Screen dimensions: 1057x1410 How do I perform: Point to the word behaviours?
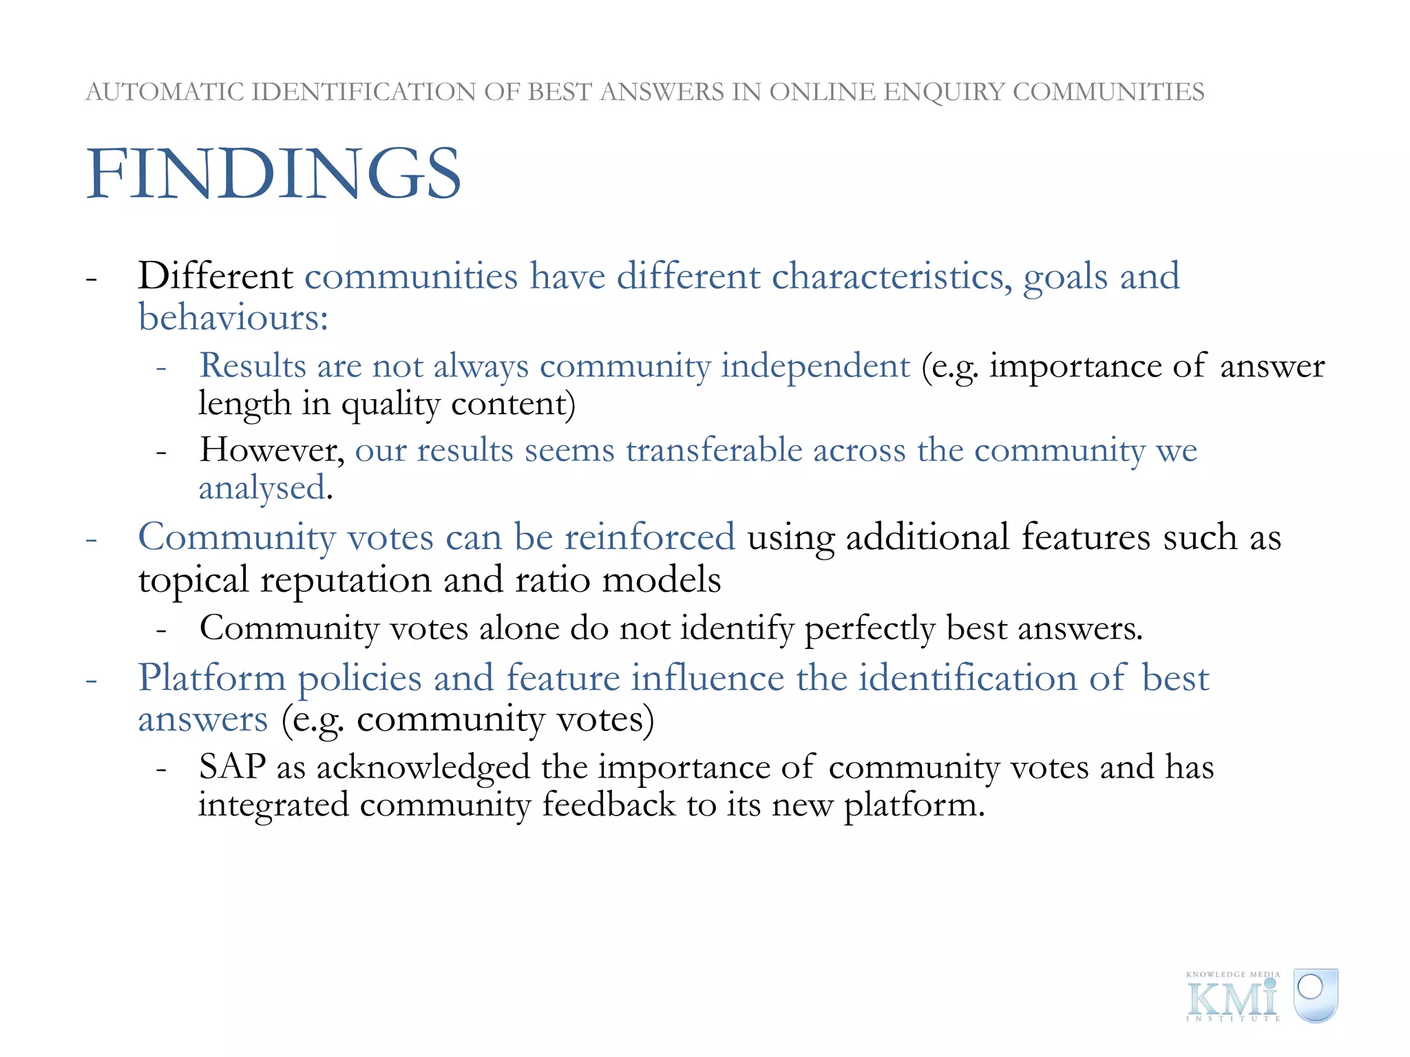(233, 318)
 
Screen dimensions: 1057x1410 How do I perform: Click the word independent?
(815, 365)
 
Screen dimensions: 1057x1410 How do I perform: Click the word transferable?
(714, 450)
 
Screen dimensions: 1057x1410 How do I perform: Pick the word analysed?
(262, 488)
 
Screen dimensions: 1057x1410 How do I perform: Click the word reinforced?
(650, 537)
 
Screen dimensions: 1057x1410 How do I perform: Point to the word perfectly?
(870, 628)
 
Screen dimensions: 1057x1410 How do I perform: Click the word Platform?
(212, 678)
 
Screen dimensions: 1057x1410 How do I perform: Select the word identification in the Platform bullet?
(967, 678)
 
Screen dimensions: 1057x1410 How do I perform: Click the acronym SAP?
(232, 767)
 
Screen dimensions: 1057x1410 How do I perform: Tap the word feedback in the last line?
(609, 804)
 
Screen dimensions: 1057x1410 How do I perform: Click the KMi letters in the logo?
(1232, 998)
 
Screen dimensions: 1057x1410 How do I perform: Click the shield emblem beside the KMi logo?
(1315, 995)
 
